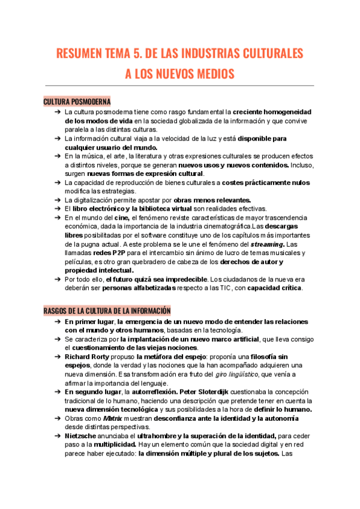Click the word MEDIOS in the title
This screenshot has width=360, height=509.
209,74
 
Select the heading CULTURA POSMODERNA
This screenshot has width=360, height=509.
77,101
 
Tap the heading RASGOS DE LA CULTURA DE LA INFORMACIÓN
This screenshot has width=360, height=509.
107,310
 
